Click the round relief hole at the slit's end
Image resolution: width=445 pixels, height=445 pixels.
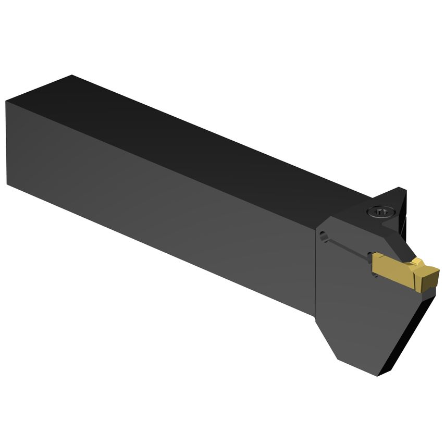coord(325,235)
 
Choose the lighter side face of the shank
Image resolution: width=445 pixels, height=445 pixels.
coord(156,208)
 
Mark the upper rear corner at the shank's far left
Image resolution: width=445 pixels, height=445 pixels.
coord(6,102)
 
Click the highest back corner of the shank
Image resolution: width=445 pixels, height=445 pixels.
coord(71,76)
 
